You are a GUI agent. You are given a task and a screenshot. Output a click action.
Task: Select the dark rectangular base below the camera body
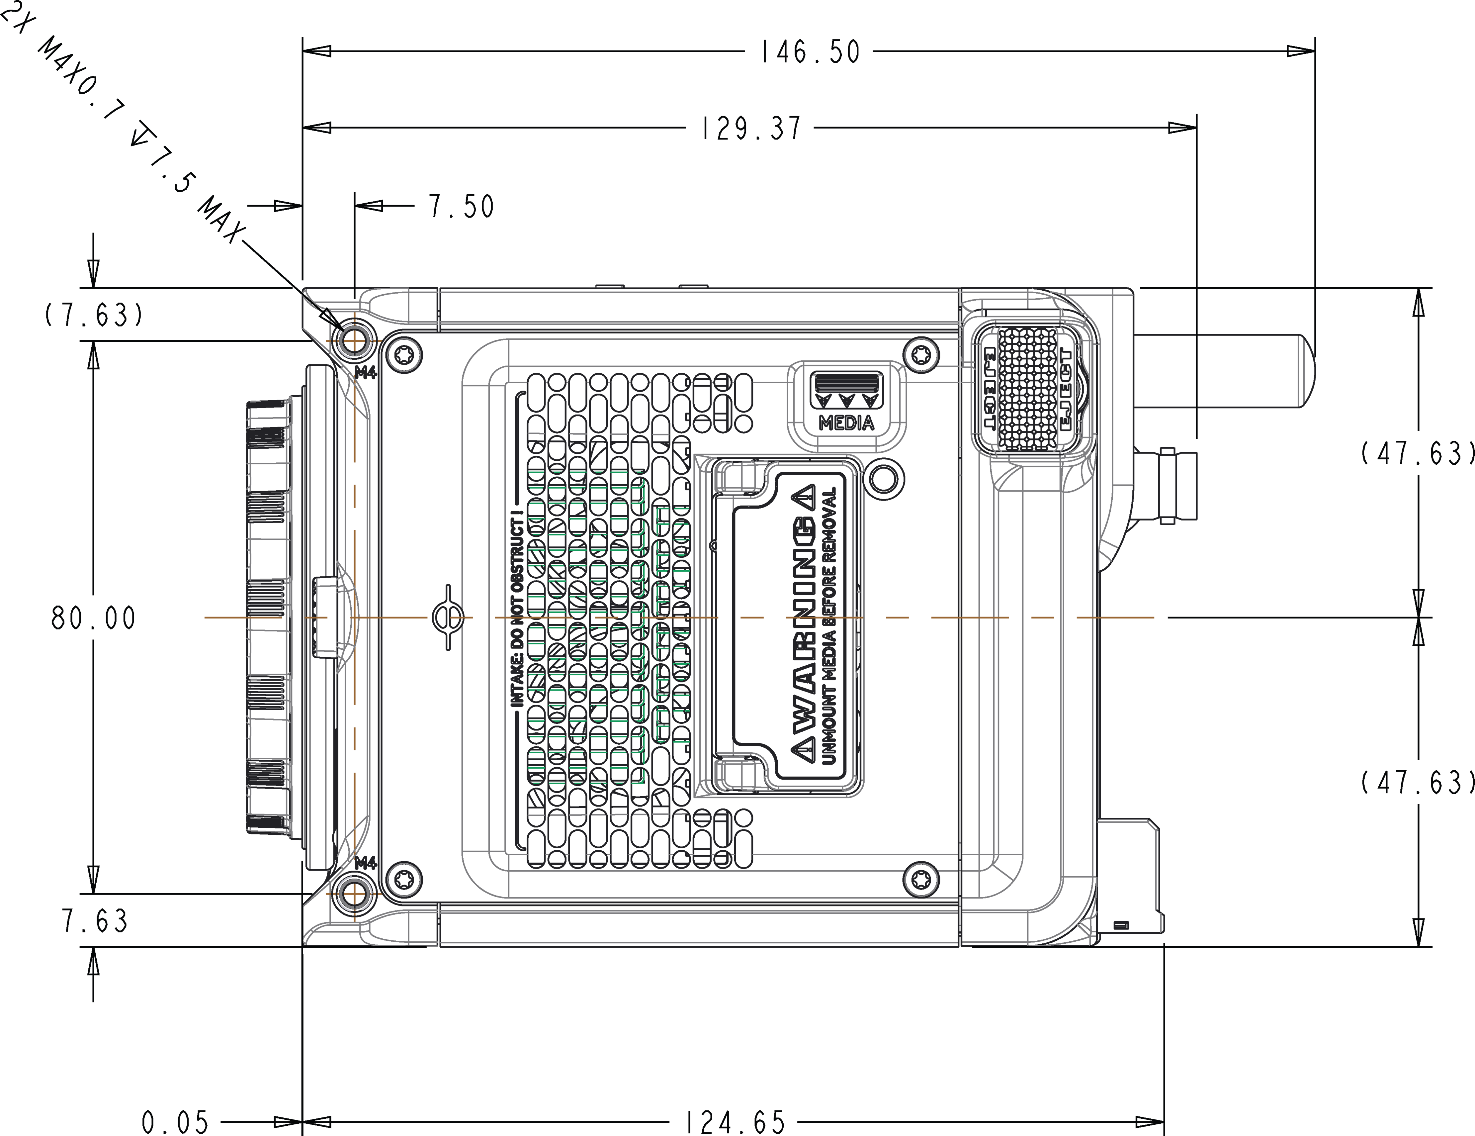tap(699, 983)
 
